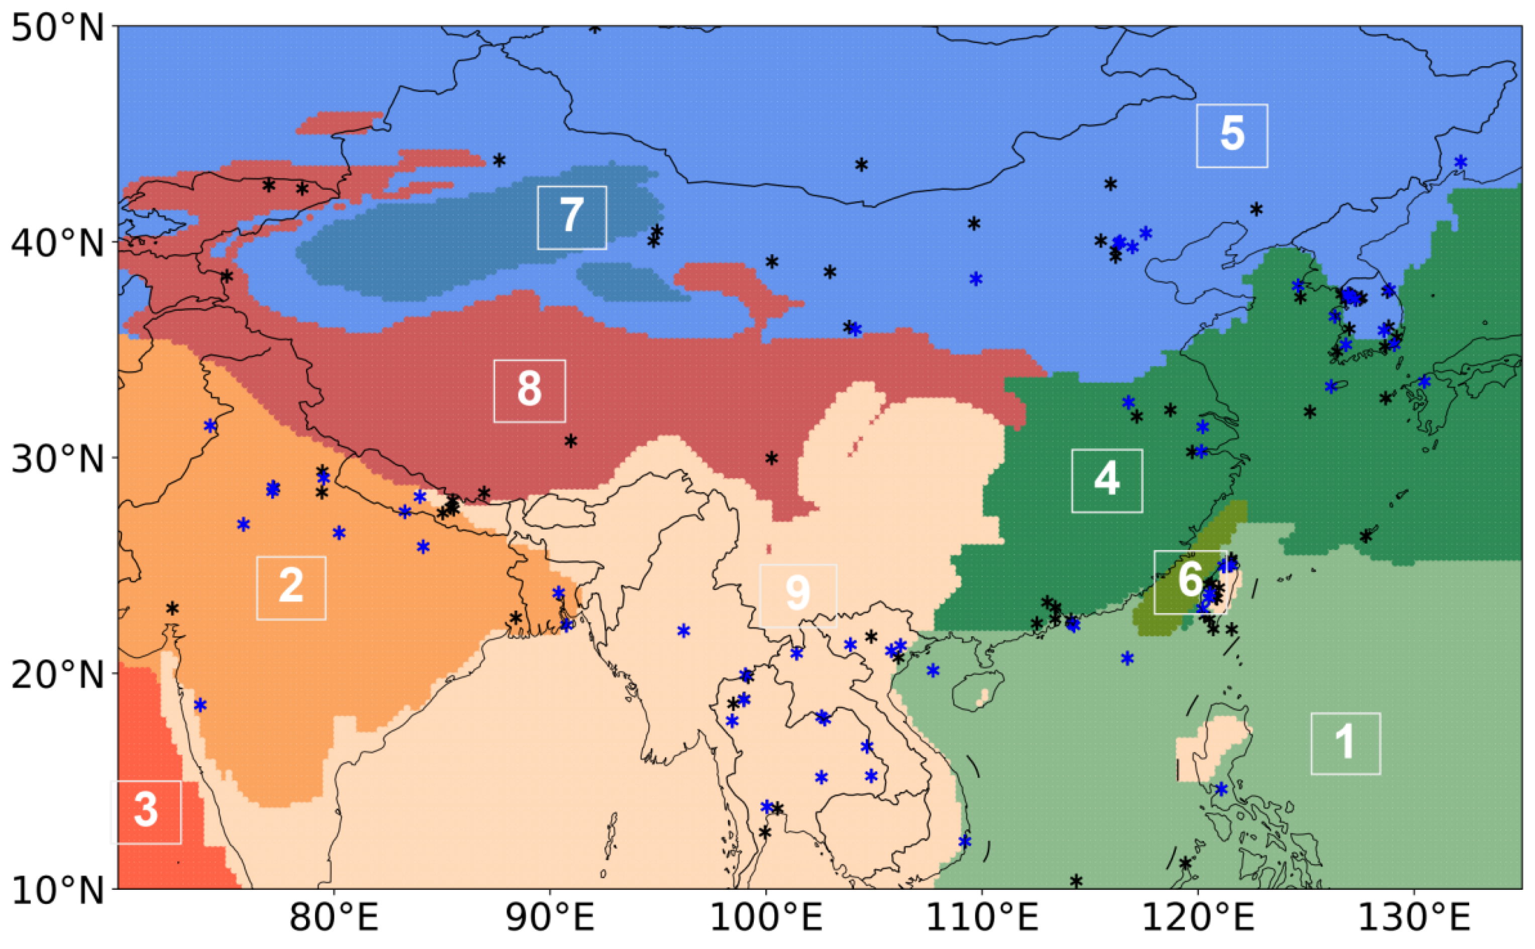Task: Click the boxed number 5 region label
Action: pyautogui.click(x=1231, y=136)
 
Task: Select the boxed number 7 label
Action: pyautogui.click(x=572, y=217)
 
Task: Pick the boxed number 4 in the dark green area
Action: pyautogui.click(x=1106, y=480)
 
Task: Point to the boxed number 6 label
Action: pyautogui.click(x=1190, y=581)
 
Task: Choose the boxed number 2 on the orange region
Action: pyautogui.click(x=291, y=587)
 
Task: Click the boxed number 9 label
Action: pyautogui.click(x=798, y=595)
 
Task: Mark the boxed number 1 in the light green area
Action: pyautogui.click(x=1346, y=743)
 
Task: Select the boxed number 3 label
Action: pyautogui.click(x=146, y=811)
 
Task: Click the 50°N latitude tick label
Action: pyautogui.click(x=58, y=28)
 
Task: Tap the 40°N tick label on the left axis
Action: pyautogui.click(x=58, y=244)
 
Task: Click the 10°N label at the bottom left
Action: pyautogui.click(x=58, y=890)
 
